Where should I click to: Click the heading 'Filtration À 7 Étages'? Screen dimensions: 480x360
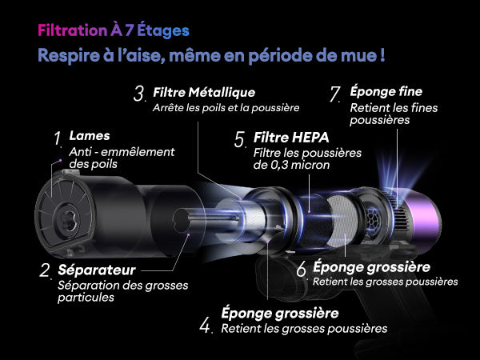pyautogui.click(x=114, y=30)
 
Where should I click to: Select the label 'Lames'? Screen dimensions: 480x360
pyautogui.click(x=90, y=136)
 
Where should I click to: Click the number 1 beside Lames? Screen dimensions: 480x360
pyautogui.click(x=58, y=138)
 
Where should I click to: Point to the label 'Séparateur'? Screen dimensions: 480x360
pyautogui.click(x=97, y=270)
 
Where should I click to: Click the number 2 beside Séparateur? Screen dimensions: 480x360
pyautogui.click(x=45, y=270)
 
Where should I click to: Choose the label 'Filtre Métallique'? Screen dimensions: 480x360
pyautogui.click(x=204, y=92)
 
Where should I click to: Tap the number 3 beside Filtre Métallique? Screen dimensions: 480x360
pyautogui.click(x=138, y=94)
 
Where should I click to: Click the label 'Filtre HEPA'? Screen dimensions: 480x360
pyautogui.click(x=291, y=138)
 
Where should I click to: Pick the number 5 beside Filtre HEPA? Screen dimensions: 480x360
pyautogui.click(x=240, y=139)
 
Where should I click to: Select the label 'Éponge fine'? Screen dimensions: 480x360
pyautogui.click(x=386, y=91)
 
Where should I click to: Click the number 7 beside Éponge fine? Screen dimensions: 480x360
pyautogui.click(x=335, y=94)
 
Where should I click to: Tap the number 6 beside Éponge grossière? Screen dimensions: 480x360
pyautogui.click(x=302, y=270)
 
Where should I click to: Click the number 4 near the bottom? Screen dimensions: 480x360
pyautogui.click(x=205, y=326)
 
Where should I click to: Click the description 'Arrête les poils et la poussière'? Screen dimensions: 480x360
pyautogui.click(x=226, y=108)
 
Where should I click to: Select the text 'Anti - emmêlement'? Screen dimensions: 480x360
pyautogui.click(x=122, y=152)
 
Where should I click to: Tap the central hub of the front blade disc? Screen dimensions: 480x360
pyautogui.click(x=67, y=219)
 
